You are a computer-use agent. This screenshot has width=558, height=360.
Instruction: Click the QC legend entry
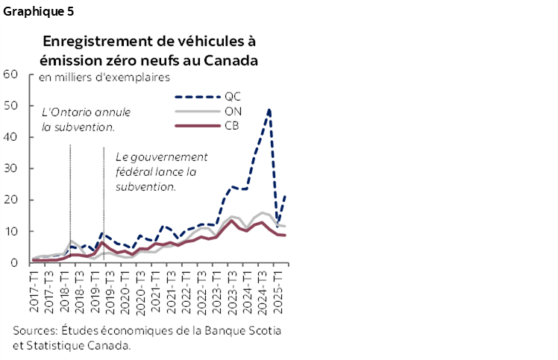pos(232,97)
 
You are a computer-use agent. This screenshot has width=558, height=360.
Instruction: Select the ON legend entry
pos(232,111)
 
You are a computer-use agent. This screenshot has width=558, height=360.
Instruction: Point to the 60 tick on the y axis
pos(10,74)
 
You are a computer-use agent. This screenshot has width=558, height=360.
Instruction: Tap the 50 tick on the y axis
pos(10,106)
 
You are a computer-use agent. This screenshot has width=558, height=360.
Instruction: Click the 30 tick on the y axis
pos(10,168)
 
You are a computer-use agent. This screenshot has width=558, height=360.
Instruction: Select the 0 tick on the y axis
pos(14,263)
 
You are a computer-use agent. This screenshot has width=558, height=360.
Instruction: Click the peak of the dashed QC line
pos(269,110)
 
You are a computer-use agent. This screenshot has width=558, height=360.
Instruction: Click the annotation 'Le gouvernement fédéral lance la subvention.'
pos(160,171)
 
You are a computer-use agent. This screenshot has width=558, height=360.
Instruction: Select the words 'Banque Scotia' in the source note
pos(249,330)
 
